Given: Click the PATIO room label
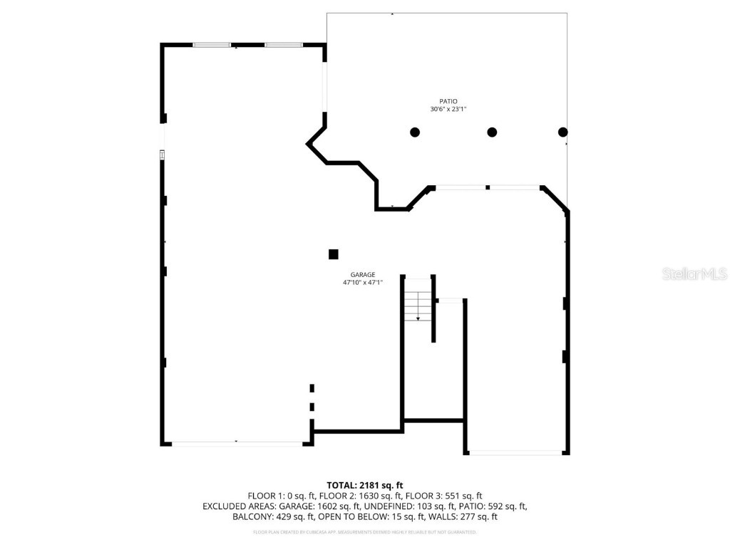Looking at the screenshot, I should [448, 101].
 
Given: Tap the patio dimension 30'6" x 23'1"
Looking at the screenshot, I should [448, 110].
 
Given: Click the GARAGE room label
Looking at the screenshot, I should [363, 275].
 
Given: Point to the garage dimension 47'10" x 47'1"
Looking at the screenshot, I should [363, 283].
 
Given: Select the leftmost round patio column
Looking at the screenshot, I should [415, 132].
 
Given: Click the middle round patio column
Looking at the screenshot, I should [492, 132].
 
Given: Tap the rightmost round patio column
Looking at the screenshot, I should [562, 132].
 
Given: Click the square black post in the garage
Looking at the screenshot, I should [333, 254].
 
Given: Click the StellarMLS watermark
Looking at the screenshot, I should [694, 274].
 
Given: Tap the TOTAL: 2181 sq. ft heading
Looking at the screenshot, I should [365, 485].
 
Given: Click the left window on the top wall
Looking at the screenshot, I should [212, 45].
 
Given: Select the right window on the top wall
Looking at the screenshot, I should [284, 45].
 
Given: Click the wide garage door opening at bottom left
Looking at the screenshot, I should [237, 444].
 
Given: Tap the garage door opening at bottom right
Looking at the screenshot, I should [516, 452].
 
